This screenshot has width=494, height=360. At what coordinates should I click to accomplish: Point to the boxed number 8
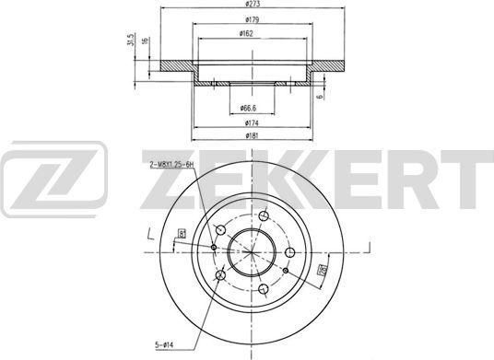[x=184, y=233]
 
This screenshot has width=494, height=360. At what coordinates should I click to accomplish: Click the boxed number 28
[x=323, y=270]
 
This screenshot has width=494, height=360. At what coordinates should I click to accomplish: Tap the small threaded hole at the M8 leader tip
[x=213, y=247]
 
